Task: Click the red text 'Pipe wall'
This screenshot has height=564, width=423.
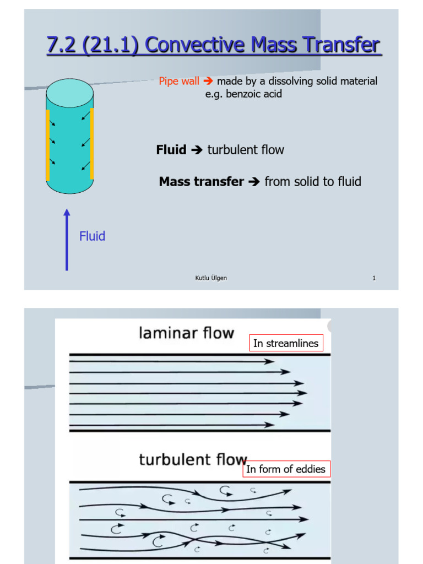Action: coord(179,82)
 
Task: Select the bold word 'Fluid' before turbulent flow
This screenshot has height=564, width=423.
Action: coord(171,150)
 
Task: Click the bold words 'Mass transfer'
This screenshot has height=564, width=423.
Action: coord(201,182)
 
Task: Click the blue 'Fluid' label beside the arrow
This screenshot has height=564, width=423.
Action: coord(92,236)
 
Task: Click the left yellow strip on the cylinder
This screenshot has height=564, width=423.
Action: coord(48,145)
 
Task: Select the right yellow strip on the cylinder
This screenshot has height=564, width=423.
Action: coord(91,144)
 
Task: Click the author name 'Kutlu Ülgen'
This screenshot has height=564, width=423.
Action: coord(211,278)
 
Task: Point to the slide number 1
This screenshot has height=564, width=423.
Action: coord(374,278)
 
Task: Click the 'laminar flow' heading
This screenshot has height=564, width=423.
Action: coord(186,333)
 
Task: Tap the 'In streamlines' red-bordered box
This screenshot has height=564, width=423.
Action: coord(285,344)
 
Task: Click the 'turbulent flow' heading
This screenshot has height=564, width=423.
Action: coord(193,459)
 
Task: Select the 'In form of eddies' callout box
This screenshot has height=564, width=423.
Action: coord(286,469)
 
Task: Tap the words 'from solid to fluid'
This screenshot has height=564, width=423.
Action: coord(313,182)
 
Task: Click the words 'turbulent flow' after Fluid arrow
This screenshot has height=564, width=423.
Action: coord(246,150)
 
